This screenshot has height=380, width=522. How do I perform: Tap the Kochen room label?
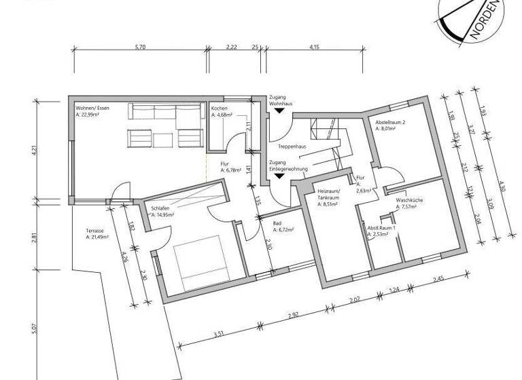219,109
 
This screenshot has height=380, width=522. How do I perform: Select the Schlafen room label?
155,208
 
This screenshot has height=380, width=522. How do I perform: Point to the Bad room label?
277,223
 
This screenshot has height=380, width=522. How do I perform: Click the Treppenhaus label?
291,147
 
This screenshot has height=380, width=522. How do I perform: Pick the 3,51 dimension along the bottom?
219,333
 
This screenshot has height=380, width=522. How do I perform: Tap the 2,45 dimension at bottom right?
438,279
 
